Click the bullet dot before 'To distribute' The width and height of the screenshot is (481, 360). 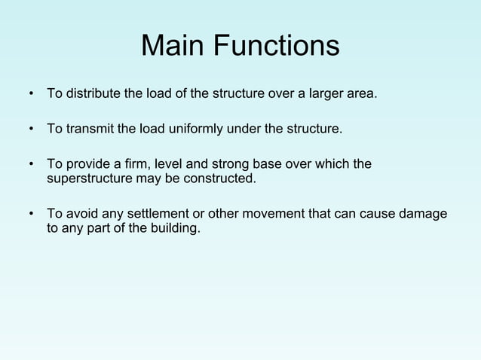click(x=32, y=96)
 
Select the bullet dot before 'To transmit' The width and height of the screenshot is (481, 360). click(x=32, y=130)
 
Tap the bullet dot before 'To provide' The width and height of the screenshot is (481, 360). click(x=32, y=164)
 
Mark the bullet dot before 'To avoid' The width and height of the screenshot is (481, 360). click(x=32, y=214)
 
